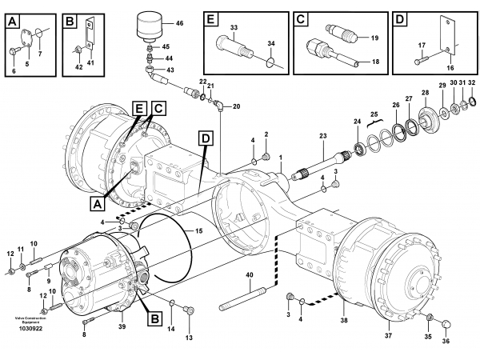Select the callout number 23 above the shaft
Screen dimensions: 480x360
tap(323, 136)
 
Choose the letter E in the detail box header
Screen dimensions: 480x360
tap(210, 19)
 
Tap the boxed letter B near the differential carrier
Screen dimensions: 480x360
tap(155, 319)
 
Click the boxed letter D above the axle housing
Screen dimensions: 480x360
tap(206, 138)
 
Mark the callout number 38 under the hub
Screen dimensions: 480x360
tap(344, 320)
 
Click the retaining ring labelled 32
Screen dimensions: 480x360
tap(472, 101)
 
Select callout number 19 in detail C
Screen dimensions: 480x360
tap(374, 38)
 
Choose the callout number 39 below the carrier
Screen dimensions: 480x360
tap(122, 326)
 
